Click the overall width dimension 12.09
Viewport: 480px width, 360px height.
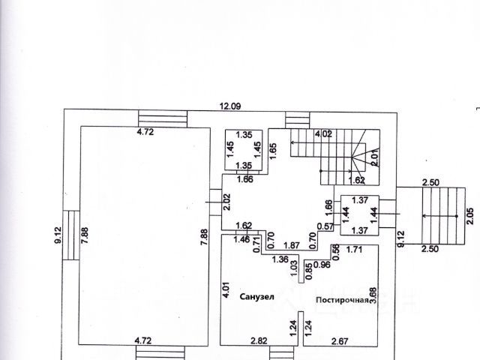[229, 107]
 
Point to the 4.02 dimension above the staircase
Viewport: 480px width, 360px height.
[322, 134]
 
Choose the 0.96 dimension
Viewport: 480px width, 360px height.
[321, 265]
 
